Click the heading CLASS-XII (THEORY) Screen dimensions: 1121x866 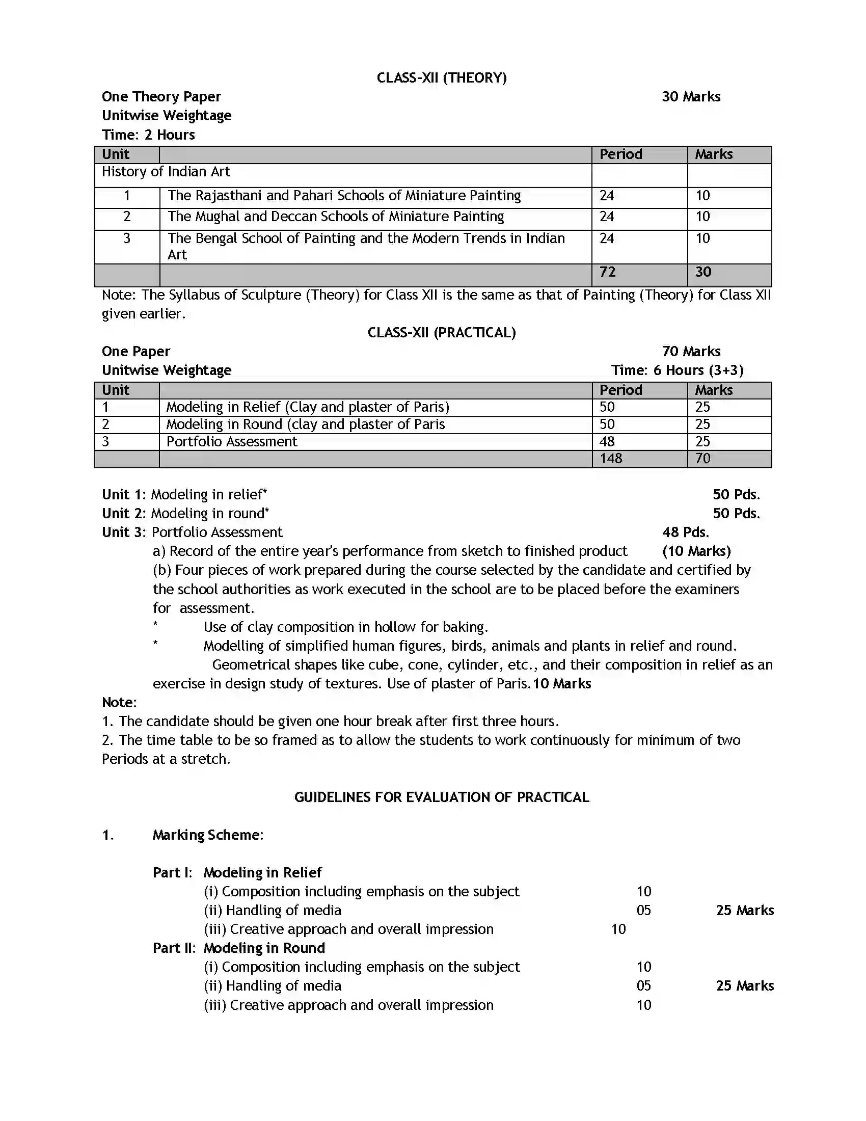441,77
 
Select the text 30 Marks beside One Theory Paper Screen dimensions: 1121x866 691,96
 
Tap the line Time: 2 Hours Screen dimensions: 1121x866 148,135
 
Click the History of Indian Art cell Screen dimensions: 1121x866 166,171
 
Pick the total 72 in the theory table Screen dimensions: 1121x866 607,272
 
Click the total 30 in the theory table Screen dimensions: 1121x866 703,272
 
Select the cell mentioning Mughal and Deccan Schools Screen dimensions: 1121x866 336,217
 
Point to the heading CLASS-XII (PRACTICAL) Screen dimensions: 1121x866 441,333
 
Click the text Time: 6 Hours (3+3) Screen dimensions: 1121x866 676,370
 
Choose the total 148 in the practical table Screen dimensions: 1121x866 610,459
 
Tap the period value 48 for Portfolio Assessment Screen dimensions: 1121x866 607,441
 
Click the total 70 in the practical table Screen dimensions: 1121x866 702,459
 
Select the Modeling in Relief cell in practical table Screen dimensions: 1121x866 307,407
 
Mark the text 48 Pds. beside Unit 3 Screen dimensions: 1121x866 685,532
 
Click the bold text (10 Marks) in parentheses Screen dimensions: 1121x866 696,551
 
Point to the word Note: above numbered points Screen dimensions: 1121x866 119,702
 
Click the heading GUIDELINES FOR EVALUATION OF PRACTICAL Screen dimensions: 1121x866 441,797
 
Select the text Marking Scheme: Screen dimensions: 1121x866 208,835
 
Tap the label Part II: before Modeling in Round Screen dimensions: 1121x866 174,948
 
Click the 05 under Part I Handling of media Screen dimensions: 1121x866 643,911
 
